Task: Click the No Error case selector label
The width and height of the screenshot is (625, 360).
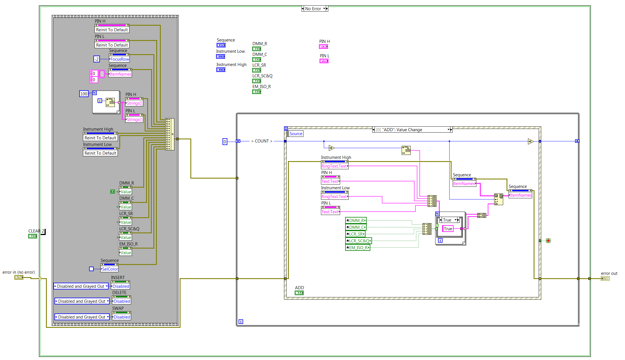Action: coord(313,9)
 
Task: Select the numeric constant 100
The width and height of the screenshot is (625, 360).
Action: coord(84,94)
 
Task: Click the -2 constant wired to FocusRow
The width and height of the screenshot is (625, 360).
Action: coord(96,59)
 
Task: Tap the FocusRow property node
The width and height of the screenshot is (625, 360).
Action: coord(120,59)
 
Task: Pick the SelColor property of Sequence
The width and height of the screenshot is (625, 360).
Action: coord(110,269)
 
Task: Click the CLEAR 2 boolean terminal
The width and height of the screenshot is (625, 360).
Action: coord(33,236)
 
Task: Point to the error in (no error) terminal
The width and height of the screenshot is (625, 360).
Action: coord(19,278)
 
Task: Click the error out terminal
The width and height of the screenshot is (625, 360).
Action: coord(605,278)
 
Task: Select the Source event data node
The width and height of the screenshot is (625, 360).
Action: coord(296,134)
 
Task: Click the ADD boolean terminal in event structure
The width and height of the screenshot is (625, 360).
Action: coord(299,293)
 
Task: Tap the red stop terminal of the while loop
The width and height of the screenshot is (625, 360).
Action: coord(548,241)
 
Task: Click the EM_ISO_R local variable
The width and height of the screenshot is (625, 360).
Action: coord(358,248)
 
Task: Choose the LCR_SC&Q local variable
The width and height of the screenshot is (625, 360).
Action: coord(358,241)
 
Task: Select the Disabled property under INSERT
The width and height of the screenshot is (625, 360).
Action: coord(121,286)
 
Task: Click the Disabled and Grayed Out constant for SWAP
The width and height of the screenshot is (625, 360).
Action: coord(82,317)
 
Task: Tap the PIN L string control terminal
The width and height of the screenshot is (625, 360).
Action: coord(324,61)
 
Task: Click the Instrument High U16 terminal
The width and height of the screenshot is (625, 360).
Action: coord(221,70)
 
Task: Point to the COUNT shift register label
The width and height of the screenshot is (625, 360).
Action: coord(262,141)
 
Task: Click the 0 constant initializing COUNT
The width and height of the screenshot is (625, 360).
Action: coord(225,142)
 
